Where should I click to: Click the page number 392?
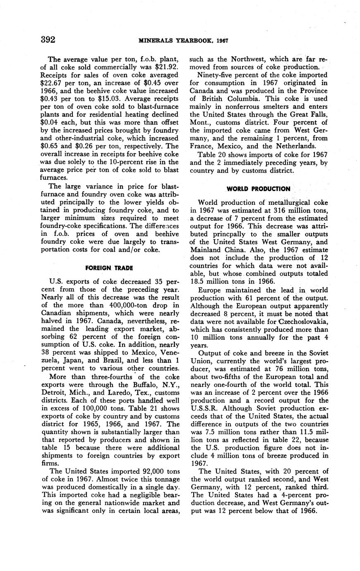[x=48, y=40]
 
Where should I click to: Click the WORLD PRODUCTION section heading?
[x=258, y=189]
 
